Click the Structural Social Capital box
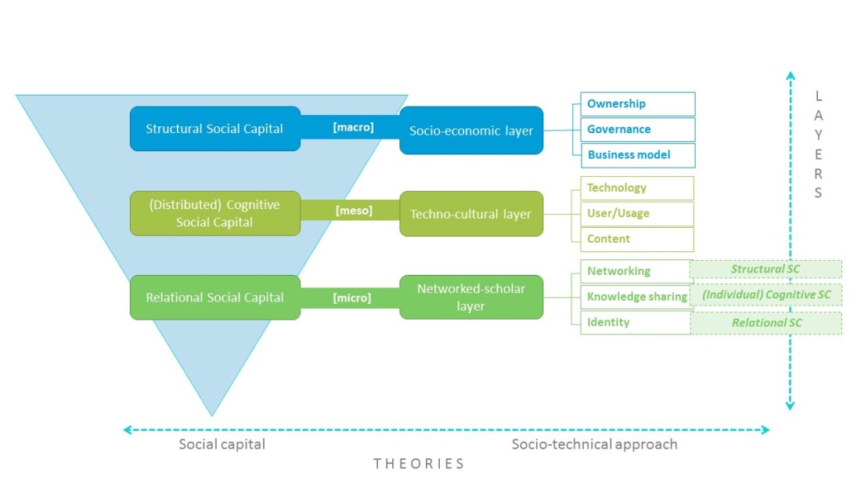click(x=214, y=128)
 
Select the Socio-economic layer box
click(x=471, y=130)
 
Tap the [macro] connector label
click(x=354, y=127)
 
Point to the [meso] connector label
click(x=354, y=211)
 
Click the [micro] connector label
click(x=353, y=298)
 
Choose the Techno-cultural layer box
click(x=471, y=214)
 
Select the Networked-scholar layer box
click(x=471, y=298)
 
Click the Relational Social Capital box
click(x=214, y=298)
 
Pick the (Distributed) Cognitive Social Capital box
click(x=214, y=213)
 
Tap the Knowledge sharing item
click(x=636, y=297)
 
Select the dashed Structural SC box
click(x=766, y=269)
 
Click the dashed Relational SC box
click(x=766, y=323)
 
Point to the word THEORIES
click(x=419, y=464)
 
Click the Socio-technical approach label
click(x=594, y=444)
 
